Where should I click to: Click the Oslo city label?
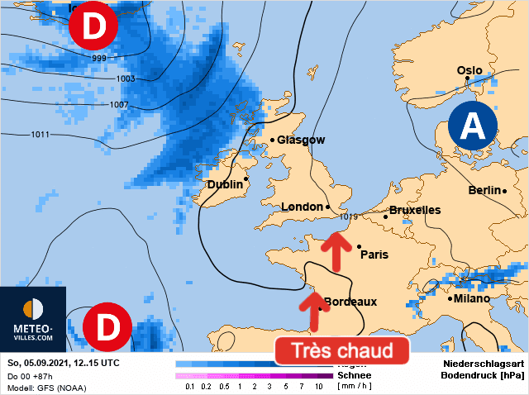click(469, 70)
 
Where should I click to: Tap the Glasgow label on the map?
click(301, 140)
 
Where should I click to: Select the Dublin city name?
click(224, 184)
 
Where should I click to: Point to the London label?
click(302, 207)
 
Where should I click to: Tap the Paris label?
click(374, 255)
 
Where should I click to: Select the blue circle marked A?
click(472, 126)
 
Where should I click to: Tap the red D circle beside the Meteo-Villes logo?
click(107, 326)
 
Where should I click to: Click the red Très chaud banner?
click(342, 350)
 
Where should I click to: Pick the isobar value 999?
click(100, 59)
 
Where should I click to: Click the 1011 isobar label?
click(41, 134)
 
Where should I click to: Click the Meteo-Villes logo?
click(33, 319)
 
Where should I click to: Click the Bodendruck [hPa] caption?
click(483, 375)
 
